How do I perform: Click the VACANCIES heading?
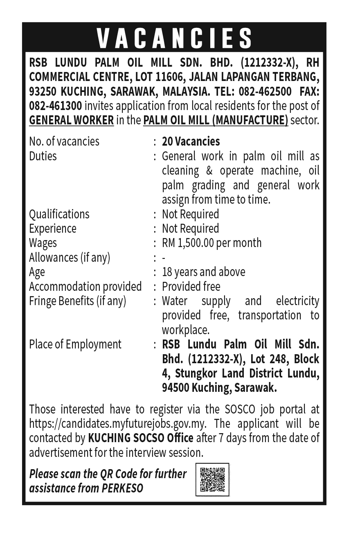(x=175, y=38)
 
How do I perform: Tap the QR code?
(x=212, y=479)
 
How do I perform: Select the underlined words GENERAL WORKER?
(x=71, y=121)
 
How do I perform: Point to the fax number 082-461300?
(x=55, y=106)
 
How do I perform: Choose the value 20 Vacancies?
(x=191, y=142)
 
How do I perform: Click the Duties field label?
(x=43, y=156)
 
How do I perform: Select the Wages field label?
(x=43, y=243)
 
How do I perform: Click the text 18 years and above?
(x=203, y=272)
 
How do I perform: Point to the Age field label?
(x=37, y=272)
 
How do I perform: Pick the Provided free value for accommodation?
(x=191, y=286)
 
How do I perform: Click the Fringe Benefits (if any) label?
(x=77, y=301)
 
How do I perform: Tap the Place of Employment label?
(x=75, y=344)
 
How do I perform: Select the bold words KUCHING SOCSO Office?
(x=140, y=438)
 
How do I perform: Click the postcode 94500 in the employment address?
(x=175, y=388)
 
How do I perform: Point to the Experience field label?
(x=52, y=229)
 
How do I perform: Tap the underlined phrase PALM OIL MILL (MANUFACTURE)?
(x=215, y=121)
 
